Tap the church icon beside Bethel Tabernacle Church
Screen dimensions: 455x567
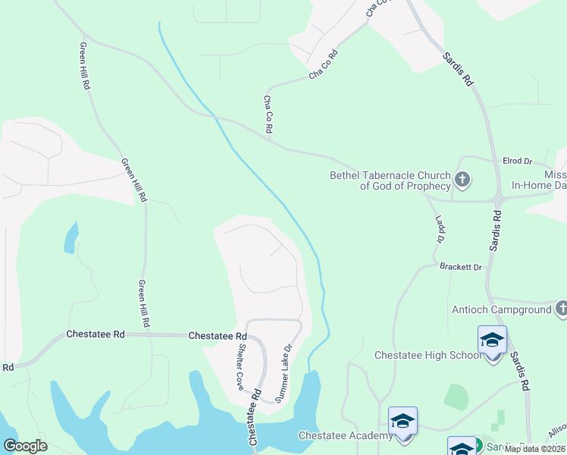tap(462, 180)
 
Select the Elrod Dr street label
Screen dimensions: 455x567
tap(518, 162)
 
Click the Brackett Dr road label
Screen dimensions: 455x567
tap(461, 267)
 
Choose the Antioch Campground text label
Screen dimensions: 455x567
tap(501, 309)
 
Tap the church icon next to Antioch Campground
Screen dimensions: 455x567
tap(561, 309)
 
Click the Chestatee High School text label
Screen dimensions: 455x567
tap(428, 355)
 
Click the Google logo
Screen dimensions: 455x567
tap(25, 446)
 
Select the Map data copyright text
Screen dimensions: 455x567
tap(535, 449)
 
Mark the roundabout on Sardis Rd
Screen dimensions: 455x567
tap(498, 200)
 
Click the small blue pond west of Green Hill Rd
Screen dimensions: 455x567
tap(70, 238)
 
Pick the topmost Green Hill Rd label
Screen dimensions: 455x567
tap(85, 66)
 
